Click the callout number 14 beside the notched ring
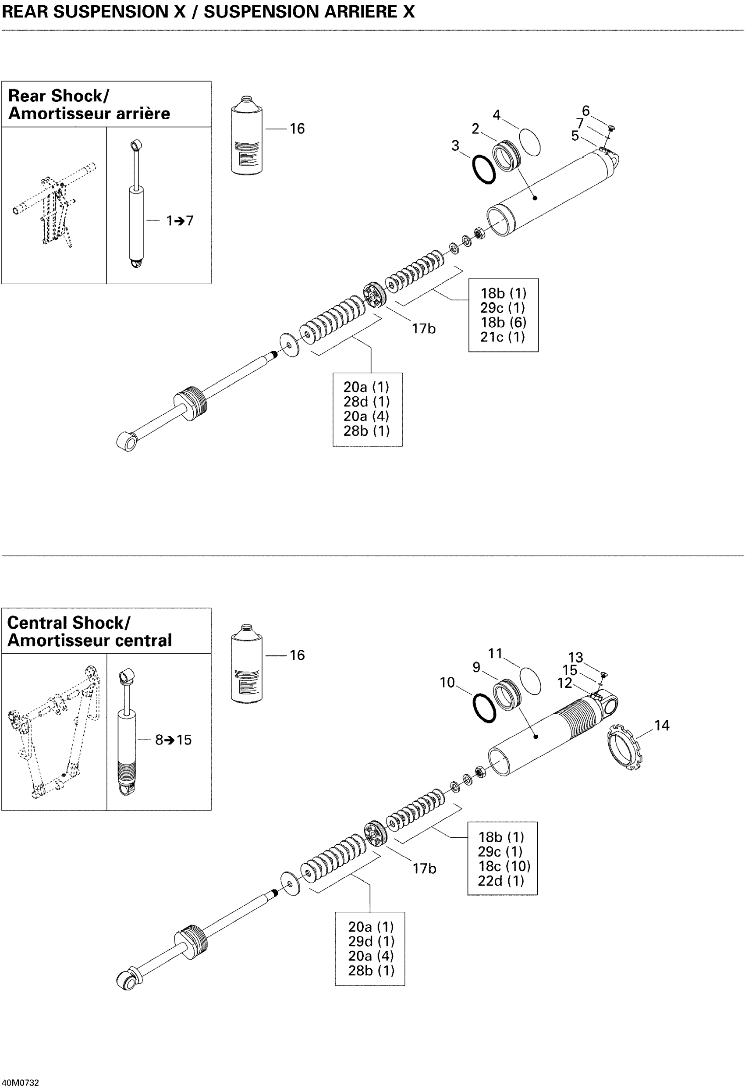point(662,726)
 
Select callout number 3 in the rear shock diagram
point(455,146)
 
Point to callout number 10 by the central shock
point(447,683)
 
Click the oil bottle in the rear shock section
point(246,135)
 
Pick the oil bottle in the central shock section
point(246,663)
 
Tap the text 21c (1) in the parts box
point(502,337)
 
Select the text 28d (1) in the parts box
point(366,402)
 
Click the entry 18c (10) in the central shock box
point(504,866)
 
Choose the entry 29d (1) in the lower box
point(371,941)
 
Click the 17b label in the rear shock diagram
point(424,329)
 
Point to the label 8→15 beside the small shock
point(174,740)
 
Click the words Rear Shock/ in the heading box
point(59,96)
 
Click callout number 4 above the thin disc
point(496,115)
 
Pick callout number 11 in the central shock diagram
point(495,654)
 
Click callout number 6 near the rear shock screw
point(585,111)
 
